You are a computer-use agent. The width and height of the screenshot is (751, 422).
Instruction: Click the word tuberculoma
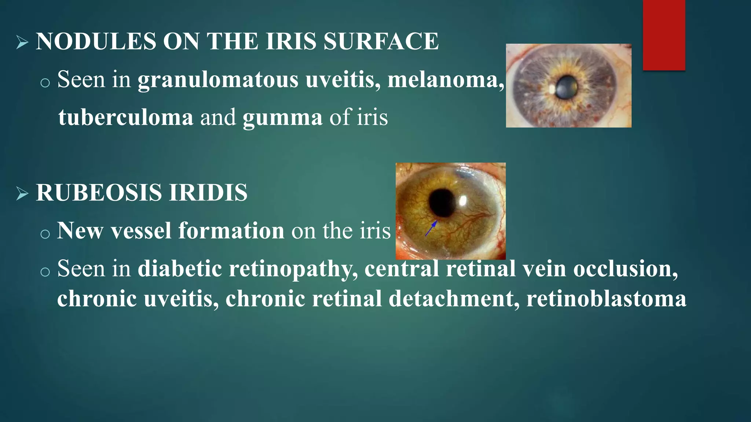[125, 117]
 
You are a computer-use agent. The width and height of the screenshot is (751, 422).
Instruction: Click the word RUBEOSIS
[98, 193]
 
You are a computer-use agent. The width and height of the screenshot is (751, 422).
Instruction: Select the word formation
[231, 231]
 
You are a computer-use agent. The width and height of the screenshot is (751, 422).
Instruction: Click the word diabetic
[180, 269]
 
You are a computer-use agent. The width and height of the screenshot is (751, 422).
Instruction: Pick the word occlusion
[625, 269]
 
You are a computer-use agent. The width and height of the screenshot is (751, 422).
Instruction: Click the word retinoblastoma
[606, 299]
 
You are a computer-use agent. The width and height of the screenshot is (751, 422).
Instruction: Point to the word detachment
[454, 299]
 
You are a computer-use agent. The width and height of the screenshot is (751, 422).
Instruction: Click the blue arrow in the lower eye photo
[431, 228]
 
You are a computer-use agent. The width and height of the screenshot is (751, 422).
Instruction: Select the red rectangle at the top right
[664, 35]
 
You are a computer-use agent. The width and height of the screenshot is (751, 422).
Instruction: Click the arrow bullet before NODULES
[22, 43]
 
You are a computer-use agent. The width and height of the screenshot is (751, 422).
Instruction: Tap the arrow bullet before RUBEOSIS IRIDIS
[22, 194]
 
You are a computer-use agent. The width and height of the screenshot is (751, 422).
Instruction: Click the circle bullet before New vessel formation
[45, 234]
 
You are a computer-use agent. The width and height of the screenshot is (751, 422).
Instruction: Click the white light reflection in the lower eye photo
[463, 200]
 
